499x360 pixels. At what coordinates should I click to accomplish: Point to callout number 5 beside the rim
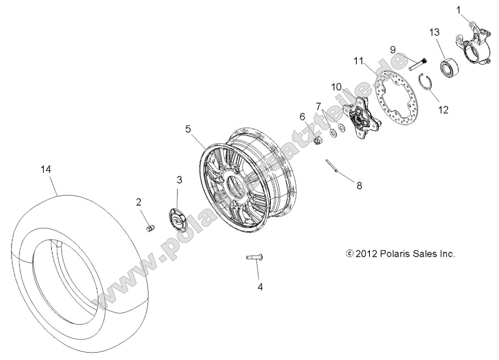click(x=188, y=129)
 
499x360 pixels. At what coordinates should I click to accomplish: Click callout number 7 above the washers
click(x=318, y=106)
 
